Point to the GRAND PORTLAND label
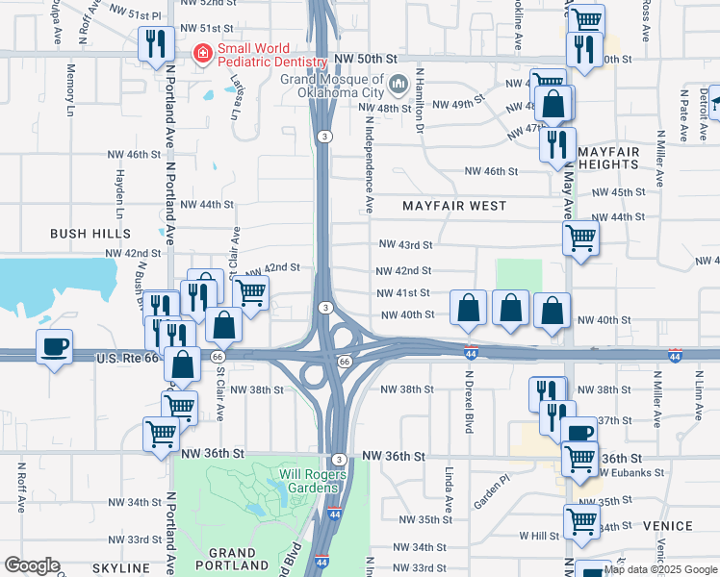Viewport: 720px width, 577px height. (x=232, y=560)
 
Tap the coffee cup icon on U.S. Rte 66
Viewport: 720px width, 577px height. (x=54, y=345)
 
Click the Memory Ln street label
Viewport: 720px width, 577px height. (x=71, y=89)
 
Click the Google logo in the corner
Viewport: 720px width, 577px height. (x=32, y=564)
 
